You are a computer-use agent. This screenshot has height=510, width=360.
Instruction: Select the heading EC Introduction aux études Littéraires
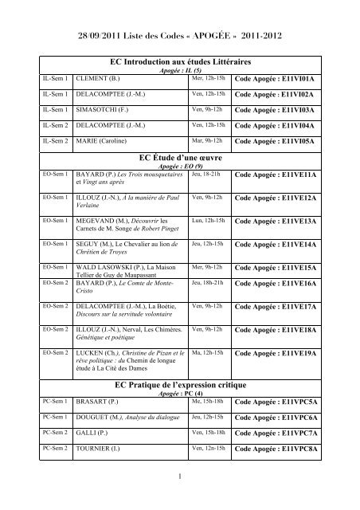pyautogui.click(x=179, y=61)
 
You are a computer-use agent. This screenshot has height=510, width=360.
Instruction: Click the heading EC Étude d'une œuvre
pyautogui.click(x=179, y=157)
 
